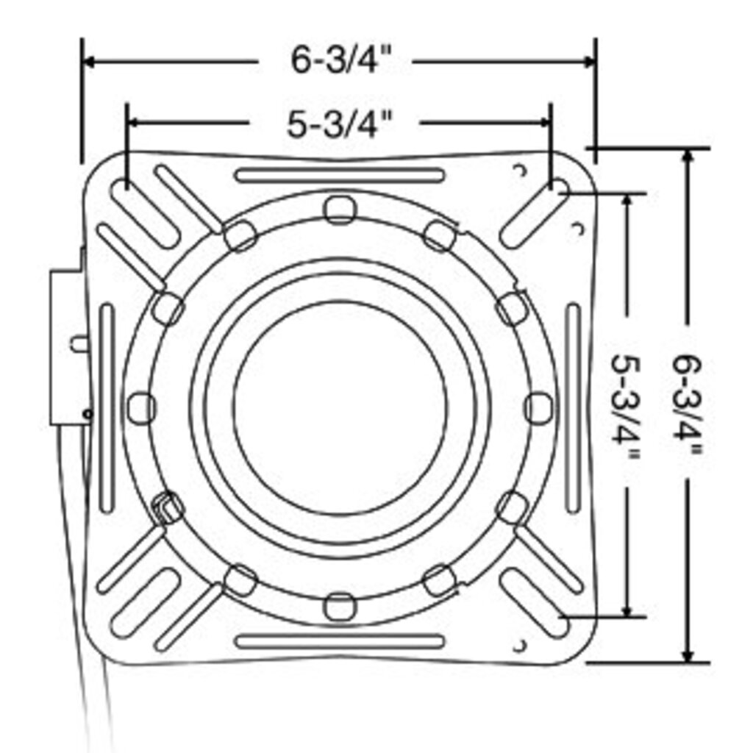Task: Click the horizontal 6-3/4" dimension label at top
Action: (x=335, y=60)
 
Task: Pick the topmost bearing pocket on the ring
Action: (x=340, y=210)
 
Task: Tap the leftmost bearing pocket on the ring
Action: (x=140, y=407)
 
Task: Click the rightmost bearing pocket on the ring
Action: (x=538, y=407)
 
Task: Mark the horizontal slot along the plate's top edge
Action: (x=340, y=175)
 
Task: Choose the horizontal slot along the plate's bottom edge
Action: (x=340, y=641)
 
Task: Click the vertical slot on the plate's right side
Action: (x=574, y=408)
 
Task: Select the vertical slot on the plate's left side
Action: (x=107, y=408)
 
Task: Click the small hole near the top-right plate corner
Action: (x=521, y=170)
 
